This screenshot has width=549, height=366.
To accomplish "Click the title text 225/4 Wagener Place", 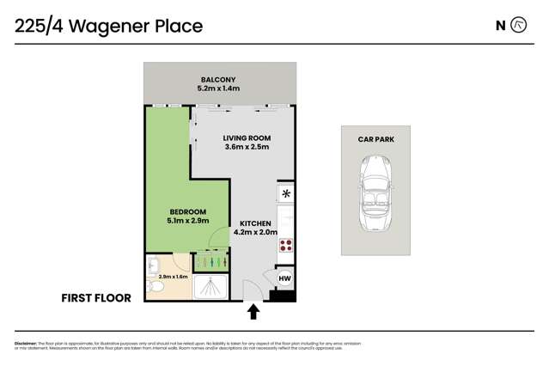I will point(108,26).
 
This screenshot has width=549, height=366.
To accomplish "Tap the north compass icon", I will point(518,25).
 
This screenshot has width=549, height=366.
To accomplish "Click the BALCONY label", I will point(218,79).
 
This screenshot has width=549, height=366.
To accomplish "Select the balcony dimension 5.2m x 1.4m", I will point(218,88).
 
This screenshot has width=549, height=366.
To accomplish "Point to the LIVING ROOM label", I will point(247,137).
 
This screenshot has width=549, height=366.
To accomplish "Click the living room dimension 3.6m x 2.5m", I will point(247,147).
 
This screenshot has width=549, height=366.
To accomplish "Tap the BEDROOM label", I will point(187,211).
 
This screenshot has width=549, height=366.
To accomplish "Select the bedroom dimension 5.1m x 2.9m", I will point(187,221).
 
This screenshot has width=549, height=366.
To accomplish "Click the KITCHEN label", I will point(255,223).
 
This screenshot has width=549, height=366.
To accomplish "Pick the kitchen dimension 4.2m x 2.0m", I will point(255,232).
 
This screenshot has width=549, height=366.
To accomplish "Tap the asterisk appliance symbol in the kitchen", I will point(286,193).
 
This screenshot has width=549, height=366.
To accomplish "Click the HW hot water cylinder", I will point(285,278).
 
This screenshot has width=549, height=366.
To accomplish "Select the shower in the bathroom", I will point(210,287).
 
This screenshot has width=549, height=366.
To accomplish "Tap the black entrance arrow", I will point(254,310).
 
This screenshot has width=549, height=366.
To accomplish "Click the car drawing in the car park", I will point(375,194).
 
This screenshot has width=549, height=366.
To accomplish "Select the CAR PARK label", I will point(375,139).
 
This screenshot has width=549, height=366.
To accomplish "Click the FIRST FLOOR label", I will point(96,298).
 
